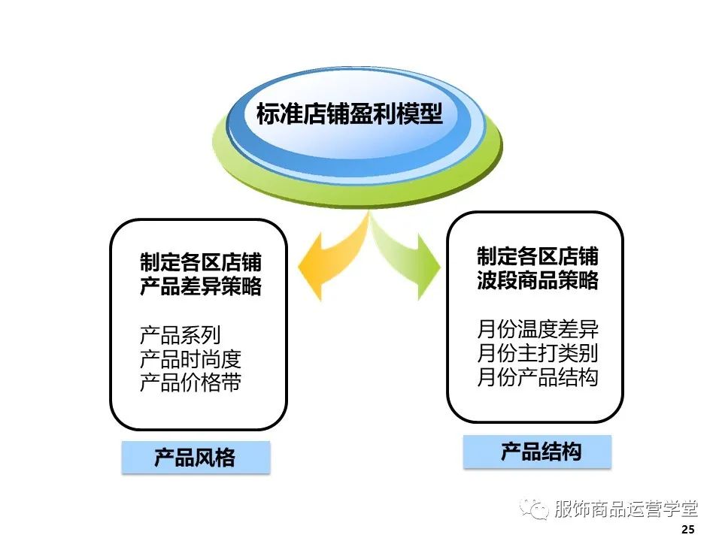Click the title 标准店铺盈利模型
[349, 113]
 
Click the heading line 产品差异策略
[201, 286]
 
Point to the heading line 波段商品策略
[538, 280]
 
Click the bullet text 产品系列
[180, 335]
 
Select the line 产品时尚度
[190, 359]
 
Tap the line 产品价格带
[190, 382]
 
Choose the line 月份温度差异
[538, 329]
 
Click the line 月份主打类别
[538, 353]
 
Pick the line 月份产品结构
[538, 376]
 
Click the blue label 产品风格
[195, 458]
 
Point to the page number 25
[687, 530]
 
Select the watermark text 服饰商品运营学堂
[625, 509]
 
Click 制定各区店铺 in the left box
[201, 262]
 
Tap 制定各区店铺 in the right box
[538, 256]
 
